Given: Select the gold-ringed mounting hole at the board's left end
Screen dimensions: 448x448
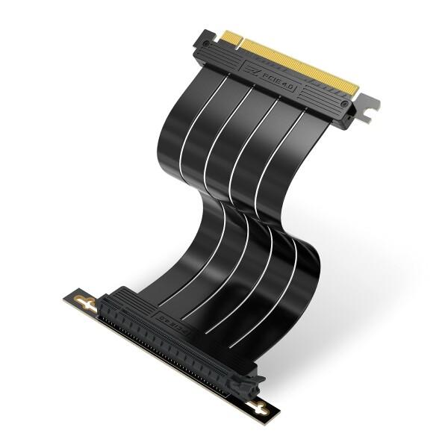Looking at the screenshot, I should click(x=87, y=303).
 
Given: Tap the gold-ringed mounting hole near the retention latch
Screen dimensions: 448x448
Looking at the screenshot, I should click(x=259, y=407).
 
